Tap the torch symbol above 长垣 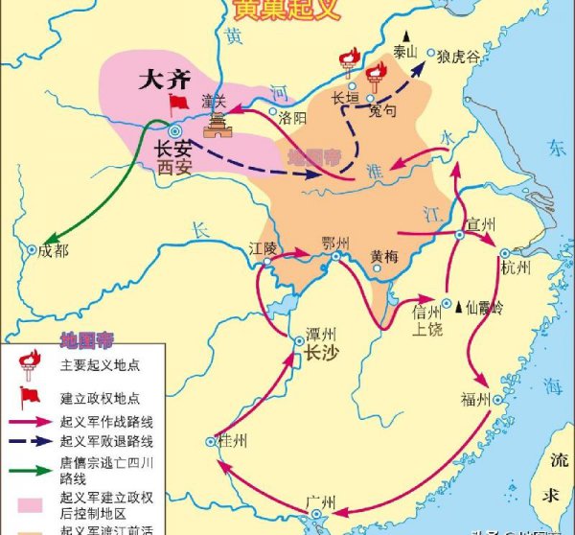click(x=348, y=62)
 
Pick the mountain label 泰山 click(x=406, y=52)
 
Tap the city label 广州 click(x=318, y=500)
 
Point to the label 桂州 click(x=233, y=441)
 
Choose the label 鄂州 click(x=336, y=243)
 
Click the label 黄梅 click(x=386, y=256)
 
